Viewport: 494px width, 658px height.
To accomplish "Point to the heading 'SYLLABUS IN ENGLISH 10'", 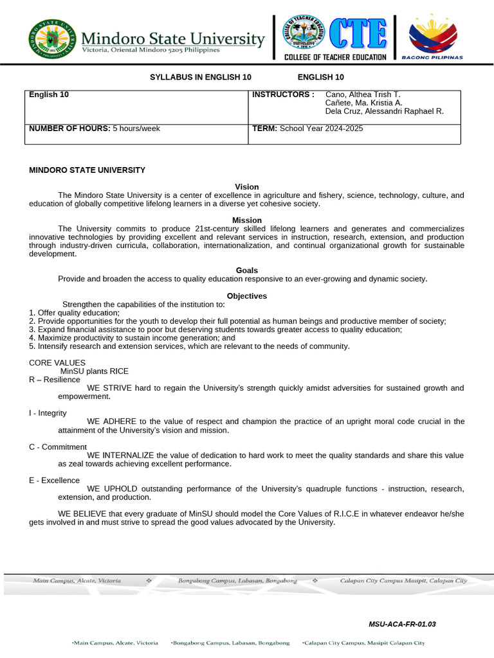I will [201, 77].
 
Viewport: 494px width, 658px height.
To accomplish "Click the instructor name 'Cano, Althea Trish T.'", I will [363, 94].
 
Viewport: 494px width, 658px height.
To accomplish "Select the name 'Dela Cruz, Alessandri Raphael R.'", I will [385, 111].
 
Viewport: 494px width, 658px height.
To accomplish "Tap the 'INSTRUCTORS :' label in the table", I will [283, 94].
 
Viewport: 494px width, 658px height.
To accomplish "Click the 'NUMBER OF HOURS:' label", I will [70, 129].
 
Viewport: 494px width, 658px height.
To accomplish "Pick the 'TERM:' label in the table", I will [264, 129].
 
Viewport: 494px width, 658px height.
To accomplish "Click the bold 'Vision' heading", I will [247, 187].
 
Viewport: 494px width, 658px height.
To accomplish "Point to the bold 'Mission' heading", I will [247, 220].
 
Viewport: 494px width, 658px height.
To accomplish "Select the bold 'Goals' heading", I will [247, 271].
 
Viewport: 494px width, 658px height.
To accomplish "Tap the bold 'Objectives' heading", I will [247, 296].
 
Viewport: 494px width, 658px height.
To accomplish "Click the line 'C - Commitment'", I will [58, 447].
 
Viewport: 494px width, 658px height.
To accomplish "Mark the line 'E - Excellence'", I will [55, 480].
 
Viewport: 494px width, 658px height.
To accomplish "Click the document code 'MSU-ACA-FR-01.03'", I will [402, 624].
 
